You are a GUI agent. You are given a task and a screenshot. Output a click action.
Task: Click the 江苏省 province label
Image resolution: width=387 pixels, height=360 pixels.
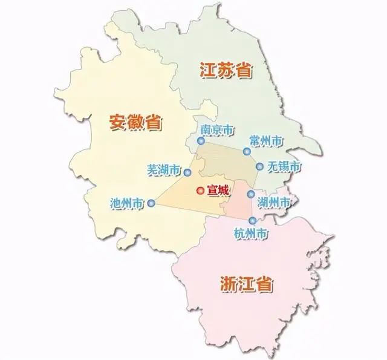pyautogui.click(x=225, y=70)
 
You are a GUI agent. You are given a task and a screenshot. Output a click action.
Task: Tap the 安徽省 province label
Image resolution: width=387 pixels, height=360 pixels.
pyautogui.click(x=135, y=121)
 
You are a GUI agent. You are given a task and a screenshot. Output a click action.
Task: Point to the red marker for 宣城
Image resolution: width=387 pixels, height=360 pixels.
pyautogui.click(x=200, y=191)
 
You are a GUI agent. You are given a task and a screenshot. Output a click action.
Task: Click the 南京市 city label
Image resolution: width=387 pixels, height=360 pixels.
pyautogui.click(x=216, y=130)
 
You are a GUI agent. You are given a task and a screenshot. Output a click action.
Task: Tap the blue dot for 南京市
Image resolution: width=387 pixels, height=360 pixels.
pyautogui.click(x=200, y=142)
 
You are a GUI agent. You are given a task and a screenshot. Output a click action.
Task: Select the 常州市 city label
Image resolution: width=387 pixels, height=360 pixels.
pyautogui.click(x=266, y=140)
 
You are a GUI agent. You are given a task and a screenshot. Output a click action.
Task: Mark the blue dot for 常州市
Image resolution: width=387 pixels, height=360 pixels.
pyautogui.click(x=246, y=152)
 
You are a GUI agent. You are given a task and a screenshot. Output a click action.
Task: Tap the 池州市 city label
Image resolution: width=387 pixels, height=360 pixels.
pyautogui.click(x=128, y=203)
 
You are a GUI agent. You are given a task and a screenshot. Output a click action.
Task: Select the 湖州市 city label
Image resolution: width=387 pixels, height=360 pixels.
pyautogui.click(x=274, y=201)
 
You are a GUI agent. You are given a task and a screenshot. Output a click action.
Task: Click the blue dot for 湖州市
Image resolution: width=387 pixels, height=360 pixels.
pyautogui.click(x=250, y=194)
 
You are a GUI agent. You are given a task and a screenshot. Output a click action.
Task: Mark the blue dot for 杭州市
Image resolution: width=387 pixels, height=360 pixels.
pyautogui.click(x=252, y=221)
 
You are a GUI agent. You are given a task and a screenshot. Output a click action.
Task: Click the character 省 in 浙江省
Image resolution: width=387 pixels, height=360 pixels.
pyautogui.click(x=264, y=283)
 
